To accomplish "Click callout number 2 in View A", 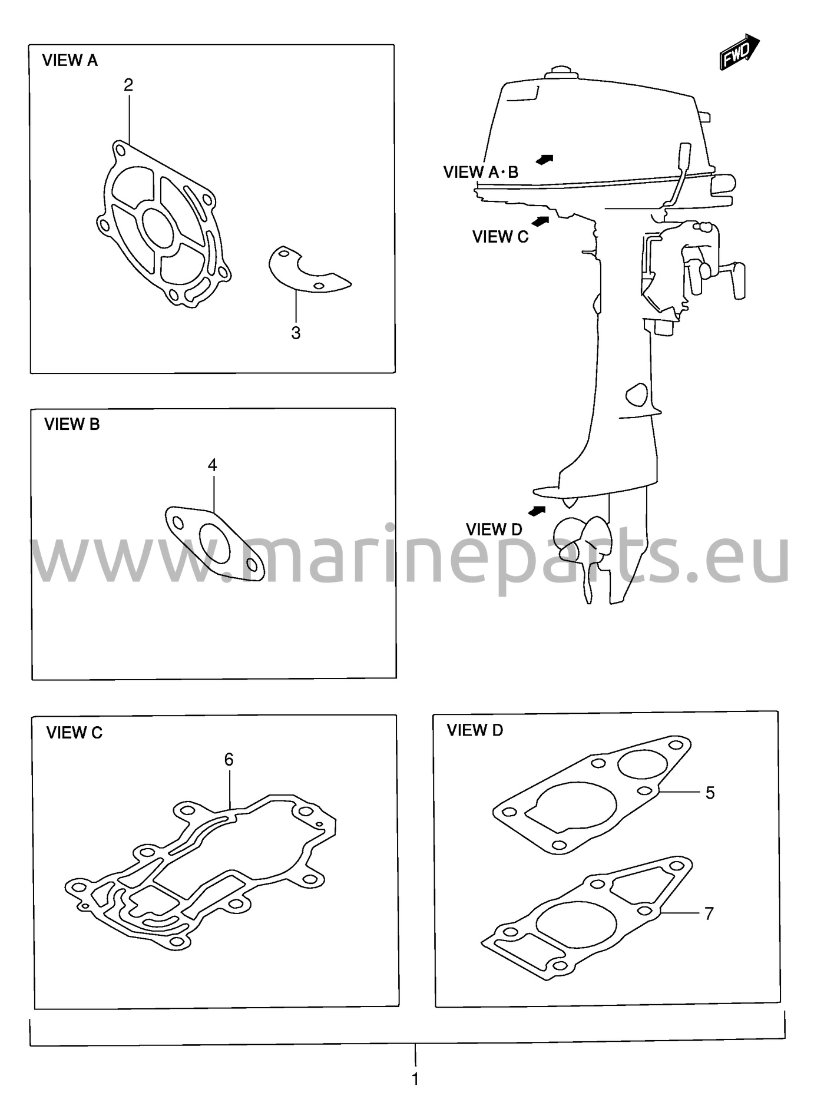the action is pos(128,85).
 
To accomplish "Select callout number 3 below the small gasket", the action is pos(296,333).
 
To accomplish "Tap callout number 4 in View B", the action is pos(212,465).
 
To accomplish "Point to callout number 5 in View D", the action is pos(710,793).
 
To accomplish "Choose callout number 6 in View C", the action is pos(229,760).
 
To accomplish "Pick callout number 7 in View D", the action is pos(709,913).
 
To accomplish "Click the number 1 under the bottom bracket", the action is pos(415,1079).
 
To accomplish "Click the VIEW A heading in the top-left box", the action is pos(70,61).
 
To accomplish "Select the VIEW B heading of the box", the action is pos(72,424).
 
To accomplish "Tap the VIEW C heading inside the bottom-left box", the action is pos(74,733).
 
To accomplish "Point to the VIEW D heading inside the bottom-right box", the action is pos(475,730).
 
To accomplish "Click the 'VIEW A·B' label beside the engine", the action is pos(481,172).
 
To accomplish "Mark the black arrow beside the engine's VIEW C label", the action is pos(540,221).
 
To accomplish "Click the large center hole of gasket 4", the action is pos(215,543).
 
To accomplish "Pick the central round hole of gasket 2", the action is pos(158,229).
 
